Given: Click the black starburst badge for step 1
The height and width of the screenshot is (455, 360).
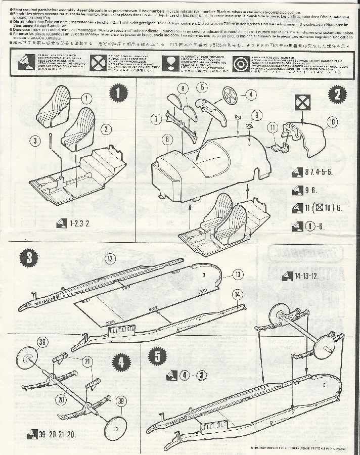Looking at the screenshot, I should (118, 94).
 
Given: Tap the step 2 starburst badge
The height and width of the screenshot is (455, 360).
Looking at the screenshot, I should (337, 94).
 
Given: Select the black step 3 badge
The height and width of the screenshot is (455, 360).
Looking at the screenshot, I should (30, 258).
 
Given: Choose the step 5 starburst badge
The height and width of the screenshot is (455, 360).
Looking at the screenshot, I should (158, 356).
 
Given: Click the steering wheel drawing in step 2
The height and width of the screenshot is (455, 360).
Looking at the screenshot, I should (230, 95).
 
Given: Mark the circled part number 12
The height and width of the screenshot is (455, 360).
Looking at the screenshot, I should (111, 259).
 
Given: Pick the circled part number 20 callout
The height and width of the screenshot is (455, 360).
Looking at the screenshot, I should (61, 399).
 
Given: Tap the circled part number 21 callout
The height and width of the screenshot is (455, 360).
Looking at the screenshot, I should (88, 360).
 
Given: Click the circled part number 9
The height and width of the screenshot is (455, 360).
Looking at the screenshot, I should (257, 115).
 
